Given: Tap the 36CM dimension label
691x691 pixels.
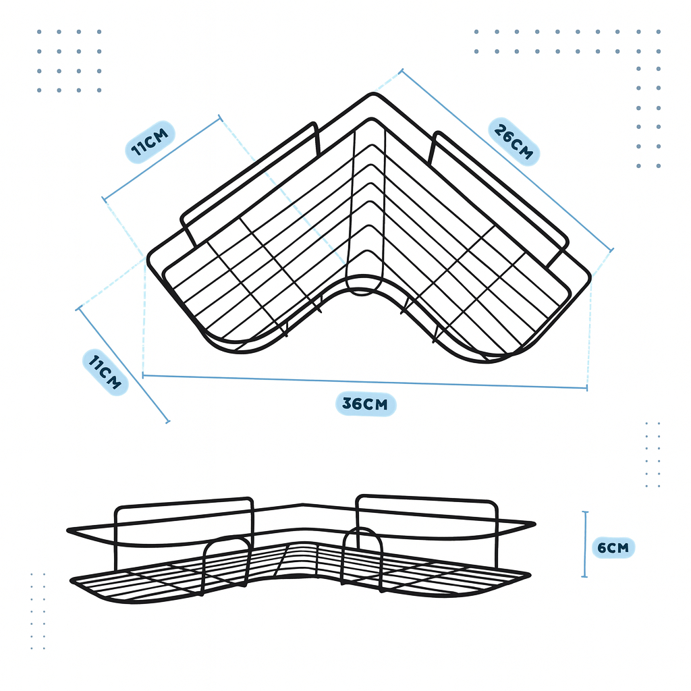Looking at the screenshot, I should [x=365, y=404].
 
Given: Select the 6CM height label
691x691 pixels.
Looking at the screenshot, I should [x=612, y=547].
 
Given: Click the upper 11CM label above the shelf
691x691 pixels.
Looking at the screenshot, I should [x=150, y=142].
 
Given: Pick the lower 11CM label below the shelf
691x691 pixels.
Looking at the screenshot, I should [x=105, y=372].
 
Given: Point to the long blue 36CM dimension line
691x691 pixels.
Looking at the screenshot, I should [x=364, y=381].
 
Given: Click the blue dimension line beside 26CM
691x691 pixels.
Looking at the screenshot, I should [x=506, y=159].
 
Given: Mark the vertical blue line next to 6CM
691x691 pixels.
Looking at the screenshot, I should [x=585, y=544].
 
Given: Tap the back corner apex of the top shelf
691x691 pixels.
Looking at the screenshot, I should [x=369, y=96].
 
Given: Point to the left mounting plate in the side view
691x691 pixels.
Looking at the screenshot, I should [x=184, y=523].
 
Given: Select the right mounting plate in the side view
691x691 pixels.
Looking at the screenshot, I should [x=426, y=520].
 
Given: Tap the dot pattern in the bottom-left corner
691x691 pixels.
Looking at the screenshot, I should [x=38, y=611].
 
